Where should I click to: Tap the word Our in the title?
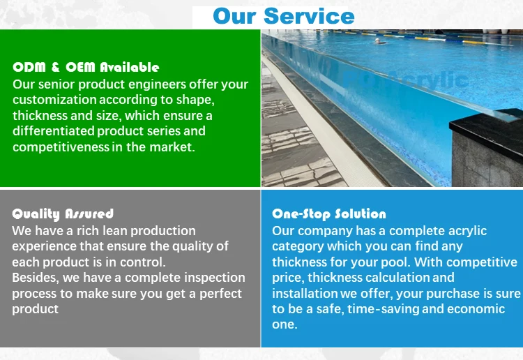[235, 15]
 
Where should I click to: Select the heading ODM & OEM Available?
[86, 68]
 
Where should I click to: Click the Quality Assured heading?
[63, 213]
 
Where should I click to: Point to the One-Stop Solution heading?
[328, 213]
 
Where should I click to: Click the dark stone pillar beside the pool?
[488, 150]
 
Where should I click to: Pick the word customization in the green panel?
[52, 100]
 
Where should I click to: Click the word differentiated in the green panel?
[53, 131]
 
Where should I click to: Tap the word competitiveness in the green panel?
[61, 147]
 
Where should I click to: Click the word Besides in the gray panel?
[35, 278]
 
